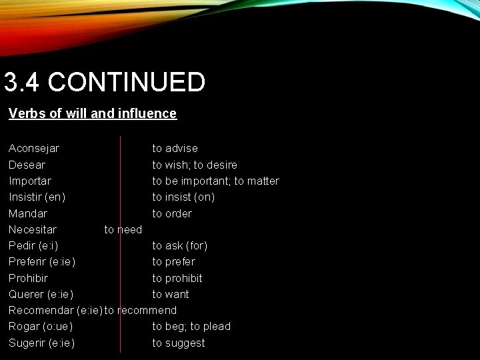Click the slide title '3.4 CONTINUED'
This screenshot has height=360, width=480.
pos(104,83)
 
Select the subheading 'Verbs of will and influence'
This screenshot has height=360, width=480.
pos(93,113)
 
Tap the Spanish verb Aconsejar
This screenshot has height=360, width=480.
pos(34,148)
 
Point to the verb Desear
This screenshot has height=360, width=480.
pos(27,165)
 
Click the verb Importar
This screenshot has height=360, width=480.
pos(30,181)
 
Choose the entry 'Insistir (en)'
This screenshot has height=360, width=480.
pos(37,197)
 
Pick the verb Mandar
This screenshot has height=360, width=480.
pos(28,213)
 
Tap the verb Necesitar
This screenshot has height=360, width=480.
pos(33,229)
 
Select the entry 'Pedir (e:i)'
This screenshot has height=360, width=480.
pos(33,245)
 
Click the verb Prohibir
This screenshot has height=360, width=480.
pos(29,278)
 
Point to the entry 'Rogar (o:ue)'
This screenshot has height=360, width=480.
pos(41,326)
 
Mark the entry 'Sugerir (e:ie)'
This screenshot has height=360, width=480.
pos(41,343)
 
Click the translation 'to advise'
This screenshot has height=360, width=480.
pos(175,148)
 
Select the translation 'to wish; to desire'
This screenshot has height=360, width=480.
pos(195,165)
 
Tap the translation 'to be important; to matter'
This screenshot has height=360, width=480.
pos(215,181)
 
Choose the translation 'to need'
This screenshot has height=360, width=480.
pos(123,229)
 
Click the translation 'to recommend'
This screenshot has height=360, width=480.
pos(141,310)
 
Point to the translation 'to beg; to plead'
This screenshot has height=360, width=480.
pos(191,326)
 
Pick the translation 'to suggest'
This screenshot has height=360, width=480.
pos(179,343)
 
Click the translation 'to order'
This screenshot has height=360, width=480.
pos(172,213)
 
